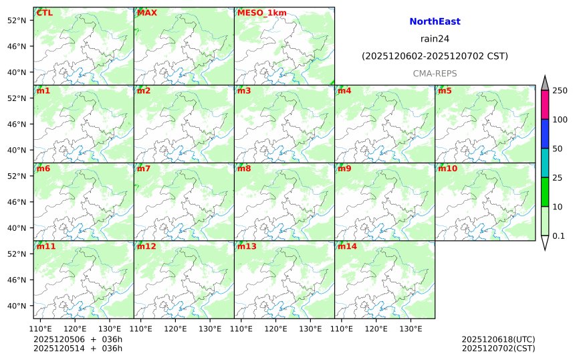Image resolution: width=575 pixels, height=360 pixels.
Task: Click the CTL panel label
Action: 44,13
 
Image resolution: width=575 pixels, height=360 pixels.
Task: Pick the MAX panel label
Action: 146,13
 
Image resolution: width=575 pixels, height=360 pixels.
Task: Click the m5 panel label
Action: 445,90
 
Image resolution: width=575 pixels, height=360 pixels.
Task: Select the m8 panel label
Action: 244,169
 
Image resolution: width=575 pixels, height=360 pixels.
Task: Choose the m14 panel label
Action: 347,246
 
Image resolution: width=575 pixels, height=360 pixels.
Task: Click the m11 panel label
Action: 46,246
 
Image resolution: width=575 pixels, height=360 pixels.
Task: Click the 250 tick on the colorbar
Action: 560,90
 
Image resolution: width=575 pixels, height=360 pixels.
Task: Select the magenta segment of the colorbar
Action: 545,105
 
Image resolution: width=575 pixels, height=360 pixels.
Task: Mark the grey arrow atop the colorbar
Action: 545,83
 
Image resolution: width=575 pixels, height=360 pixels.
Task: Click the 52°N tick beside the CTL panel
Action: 15,20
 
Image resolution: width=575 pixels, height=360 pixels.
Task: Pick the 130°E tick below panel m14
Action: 411,329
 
